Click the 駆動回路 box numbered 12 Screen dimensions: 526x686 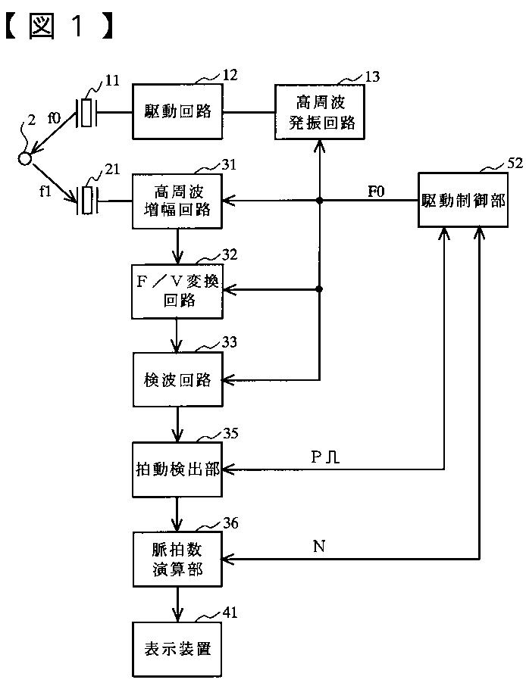(177, 111)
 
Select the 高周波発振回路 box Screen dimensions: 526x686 (320, 112)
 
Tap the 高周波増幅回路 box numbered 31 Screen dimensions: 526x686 (177, 201)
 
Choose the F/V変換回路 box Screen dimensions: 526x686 (177, 291)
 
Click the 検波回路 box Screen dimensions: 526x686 (178, 379)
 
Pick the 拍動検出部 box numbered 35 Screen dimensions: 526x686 (177, 469)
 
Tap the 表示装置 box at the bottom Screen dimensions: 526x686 (177, 649)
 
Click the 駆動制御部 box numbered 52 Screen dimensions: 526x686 (463, 200)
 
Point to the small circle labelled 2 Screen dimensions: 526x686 (25, 159)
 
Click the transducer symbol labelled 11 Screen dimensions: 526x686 (86, 113)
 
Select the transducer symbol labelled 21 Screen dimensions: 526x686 (87, 201)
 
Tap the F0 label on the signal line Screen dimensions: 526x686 (376, 192)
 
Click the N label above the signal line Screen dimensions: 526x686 (319, 547)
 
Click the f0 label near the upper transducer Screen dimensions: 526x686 (54, 117)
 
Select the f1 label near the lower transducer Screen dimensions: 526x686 (45, 191)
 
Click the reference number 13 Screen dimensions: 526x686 (372, 76)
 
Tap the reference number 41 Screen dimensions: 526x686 (230, 613)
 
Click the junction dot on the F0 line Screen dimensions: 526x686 (320, 201)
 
